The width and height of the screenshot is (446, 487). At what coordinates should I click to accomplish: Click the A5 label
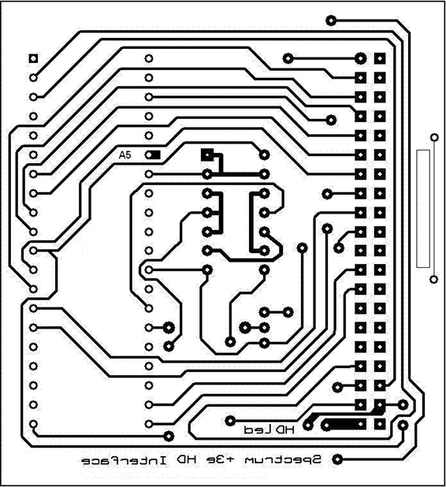[x=125, y=155]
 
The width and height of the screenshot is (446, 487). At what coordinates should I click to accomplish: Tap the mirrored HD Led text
[x=269, y=429]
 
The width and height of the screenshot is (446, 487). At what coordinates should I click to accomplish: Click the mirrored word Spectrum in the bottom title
[x=283, y=460]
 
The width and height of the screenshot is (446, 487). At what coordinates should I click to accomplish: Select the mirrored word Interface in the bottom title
[x=125, y=460]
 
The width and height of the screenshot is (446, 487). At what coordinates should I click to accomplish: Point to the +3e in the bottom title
[x=220, y=459]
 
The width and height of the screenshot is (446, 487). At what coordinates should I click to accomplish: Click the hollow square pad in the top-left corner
[x=33, y=58]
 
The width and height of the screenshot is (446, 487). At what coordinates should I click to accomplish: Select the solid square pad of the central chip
[x=207, y=154]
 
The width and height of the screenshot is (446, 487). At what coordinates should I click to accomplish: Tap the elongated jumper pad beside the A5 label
[x=153, y=154]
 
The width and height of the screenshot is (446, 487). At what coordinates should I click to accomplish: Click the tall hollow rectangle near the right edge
[x=423, y=208]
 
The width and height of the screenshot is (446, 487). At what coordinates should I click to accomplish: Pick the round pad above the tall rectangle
[x=434, y=137]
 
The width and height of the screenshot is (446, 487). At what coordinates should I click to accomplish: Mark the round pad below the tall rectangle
[x=434, y=279]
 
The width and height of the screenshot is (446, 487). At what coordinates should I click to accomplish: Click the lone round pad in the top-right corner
[x=331, y=20]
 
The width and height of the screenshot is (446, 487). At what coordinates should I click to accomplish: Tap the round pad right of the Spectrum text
[x=337, y=459]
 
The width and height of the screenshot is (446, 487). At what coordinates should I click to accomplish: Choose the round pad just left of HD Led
[x=230, y=421]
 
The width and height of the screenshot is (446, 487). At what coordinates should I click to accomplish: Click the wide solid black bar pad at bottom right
[x=344, y=425]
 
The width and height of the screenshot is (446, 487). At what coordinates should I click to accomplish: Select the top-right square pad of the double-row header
[x=380, y=58]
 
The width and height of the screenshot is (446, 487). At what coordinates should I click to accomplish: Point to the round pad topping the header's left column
[x=360, y=58]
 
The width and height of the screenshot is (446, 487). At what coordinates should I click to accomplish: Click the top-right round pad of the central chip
[x=264, y=154]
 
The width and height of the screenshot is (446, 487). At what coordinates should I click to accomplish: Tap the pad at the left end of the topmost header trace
[x=288, y=58]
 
